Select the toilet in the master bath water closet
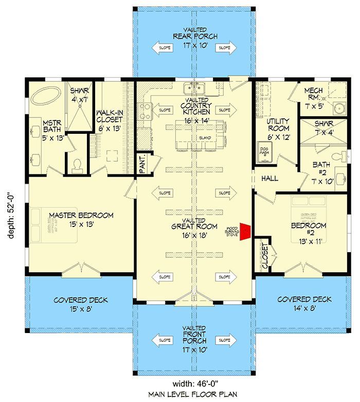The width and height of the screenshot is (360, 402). (x=78, y=164)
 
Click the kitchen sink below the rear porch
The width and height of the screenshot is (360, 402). (x=195, y=88)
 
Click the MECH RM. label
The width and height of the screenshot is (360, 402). (x=313, y=94)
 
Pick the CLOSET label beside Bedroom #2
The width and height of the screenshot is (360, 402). (x=265, y=255)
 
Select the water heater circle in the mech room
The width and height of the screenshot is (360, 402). (x=339, y=109)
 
